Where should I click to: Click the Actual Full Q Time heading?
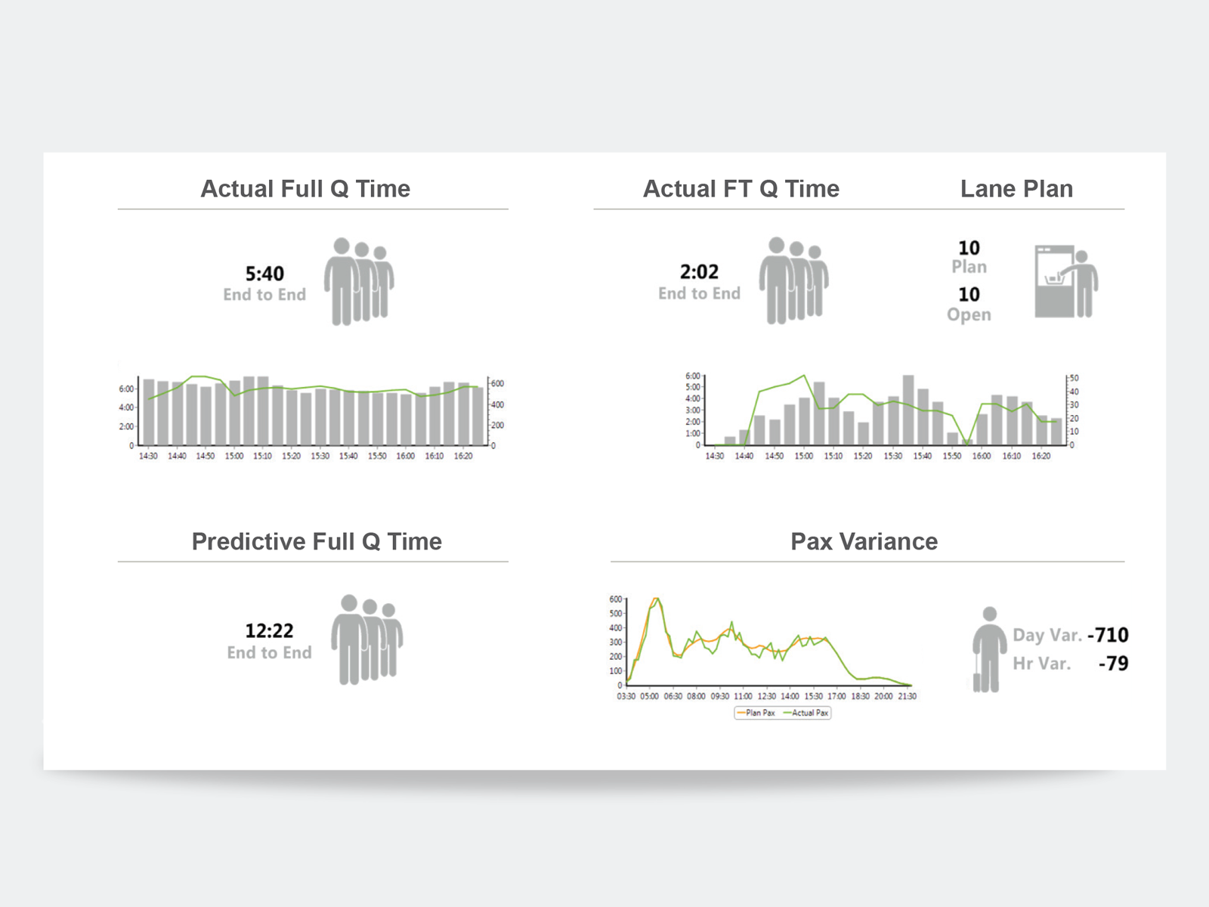pos(305,188)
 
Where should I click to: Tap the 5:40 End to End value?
pos(264,274)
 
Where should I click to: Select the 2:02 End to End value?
pos(699,272)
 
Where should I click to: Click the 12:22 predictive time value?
pos(269,630)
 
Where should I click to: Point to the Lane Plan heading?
pos(1016,188)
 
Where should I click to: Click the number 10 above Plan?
pos(969,248)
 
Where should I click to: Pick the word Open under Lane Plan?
pos(969,314)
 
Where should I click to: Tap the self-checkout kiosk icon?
pos(1065,281)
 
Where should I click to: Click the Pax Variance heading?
pos(864,541)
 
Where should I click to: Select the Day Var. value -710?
pos(1108,635)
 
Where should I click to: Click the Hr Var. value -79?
pos(1113,664)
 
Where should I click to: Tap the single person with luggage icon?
pos(988,649)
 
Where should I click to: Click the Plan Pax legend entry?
pos(756,713)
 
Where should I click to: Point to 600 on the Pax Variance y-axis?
pos(615,599)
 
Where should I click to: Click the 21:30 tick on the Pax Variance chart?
pos(907,696)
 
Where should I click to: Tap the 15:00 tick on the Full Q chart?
pos(234,456)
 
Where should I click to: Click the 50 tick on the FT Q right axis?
pos(1074,378)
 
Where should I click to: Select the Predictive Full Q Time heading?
pos(317,541)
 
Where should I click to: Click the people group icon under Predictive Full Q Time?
pos(366,639)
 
